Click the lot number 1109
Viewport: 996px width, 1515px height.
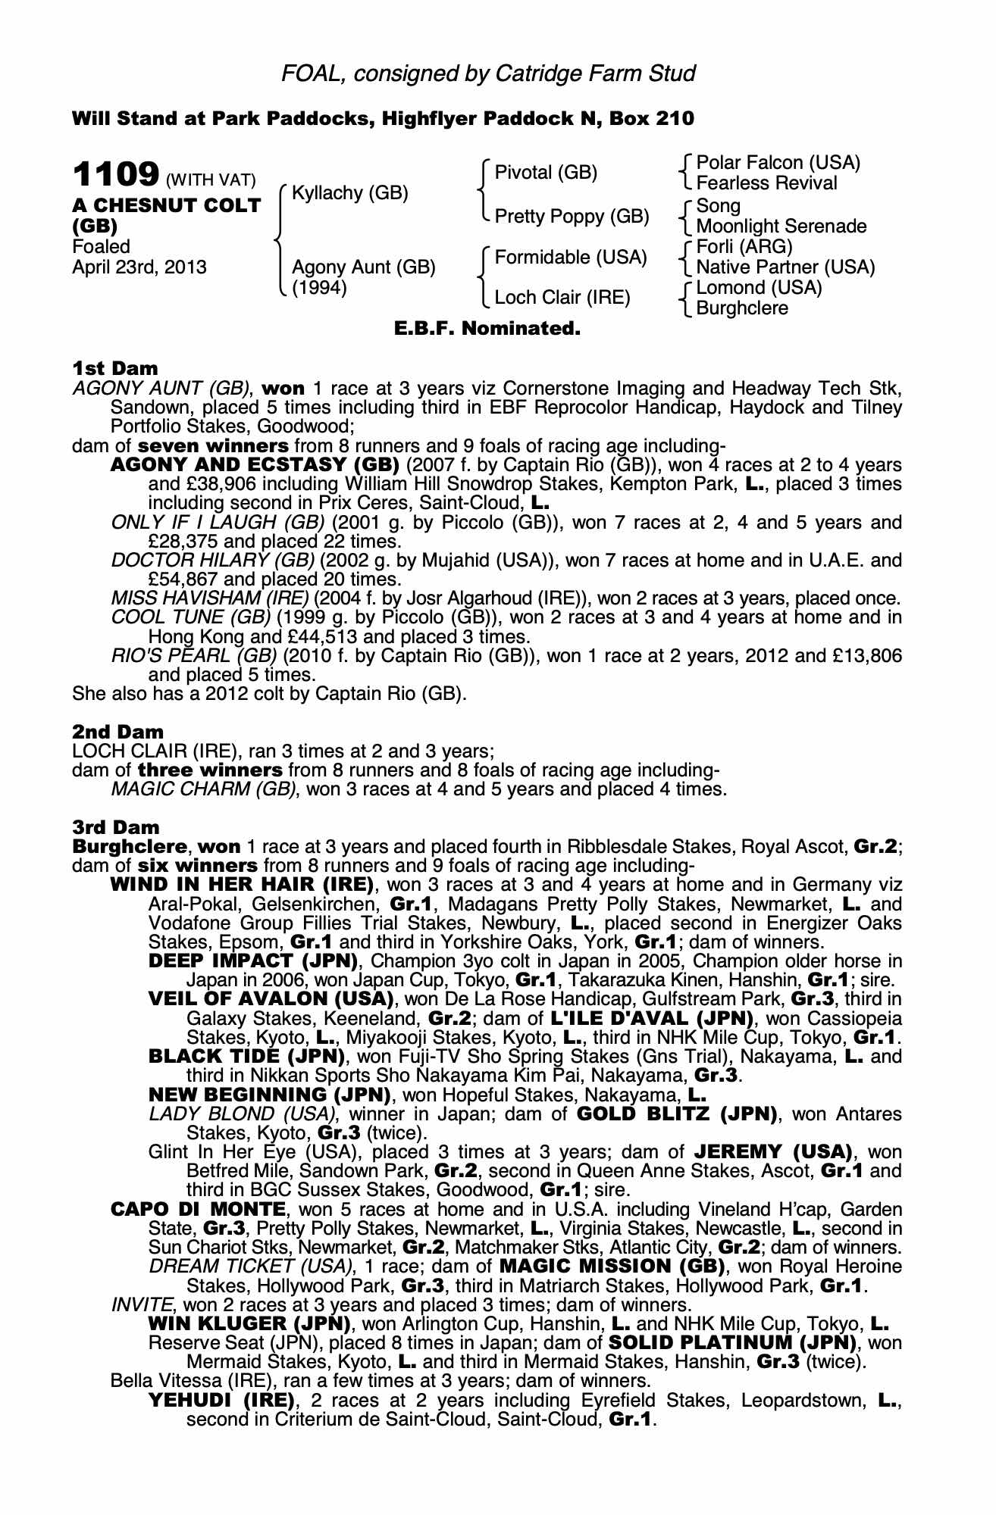(115, 176)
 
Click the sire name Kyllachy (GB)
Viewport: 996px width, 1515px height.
(349, 193)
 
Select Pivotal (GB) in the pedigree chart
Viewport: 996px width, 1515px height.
(546, 173)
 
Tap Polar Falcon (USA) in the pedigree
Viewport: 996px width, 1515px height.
(778, 163)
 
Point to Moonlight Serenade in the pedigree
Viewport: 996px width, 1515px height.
(781, 226)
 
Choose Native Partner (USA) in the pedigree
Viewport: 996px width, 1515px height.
(785, 267)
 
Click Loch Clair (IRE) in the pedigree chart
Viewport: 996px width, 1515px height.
(562, 298)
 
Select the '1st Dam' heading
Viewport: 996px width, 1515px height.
(114, 368)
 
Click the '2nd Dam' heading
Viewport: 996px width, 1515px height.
(117, 732)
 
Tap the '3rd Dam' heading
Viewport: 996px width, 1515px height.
(116, 828)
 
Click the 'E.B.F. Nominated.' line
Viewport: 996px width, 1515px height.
(487, 329)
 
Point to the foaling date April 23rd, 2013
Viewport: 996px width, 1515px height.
(139, 267)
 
